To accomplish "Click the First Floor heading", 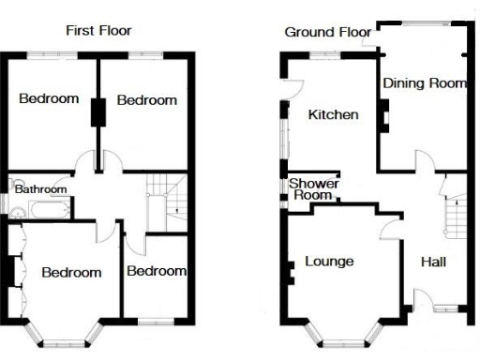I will click(x=97, y=30).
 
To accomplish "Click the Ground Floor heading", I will click(x=329, y=32).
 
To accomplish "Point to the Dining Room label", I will click(x=425, y=82).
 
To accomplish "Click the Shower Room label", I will click(x=313, y=189).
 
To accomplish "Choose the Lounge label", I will click(x=330, y=261).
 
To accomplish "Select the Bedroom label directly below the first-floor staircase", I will click(x=156, y=271).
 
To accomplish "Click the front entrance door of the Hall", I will click(x=421, y=302).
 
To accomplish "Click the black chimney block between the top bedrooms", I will click(x=95, y=112).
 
